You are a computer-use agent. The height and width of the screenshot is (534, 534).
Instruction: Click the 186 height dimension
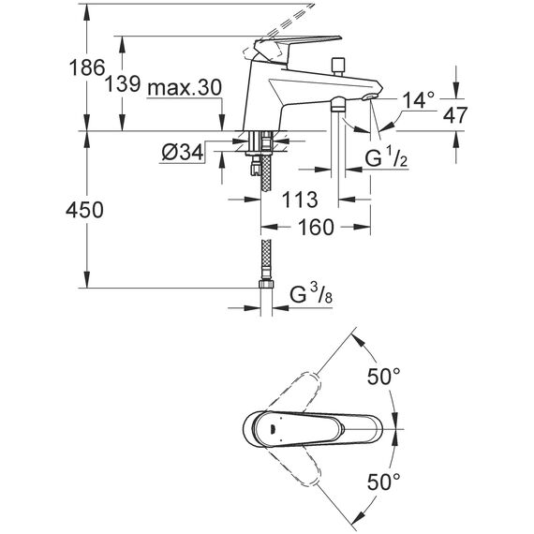pyautogui.click(x=86, y=67)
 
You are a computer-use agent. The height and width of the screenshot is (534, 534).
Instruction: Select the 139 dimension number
pyautogui.click(x=123, y=84)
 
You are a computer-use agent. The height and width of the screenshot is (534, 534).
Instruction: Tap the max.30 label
pyautogui.click(x=185, y=87)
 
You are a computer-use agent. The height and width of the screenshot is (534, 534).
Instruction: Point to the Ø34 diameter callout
pyautogui.click(x=183, y=152)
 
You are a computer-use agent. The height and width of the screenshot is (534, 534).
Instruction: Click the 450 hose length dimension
pyautogui.click(x=84, y=210)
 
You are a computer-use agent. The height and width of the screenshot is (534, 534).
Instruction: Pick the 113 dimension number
pyautogui.click(x=300, y=200)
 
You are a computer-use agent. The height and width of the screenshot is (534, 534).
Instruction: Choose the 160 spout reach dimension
pyautogui.click(x=316, y=227)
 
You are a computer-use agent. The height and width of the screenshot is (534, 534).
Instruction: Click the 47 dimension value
pyautogui.click(x=454, y=115)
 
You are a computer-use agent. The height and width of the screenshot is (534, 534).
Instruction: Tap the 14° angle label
pyautogui.click(x=418, y=100)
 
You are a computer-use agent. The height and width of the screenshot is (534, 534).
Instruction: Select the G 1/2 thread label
pyautogui.click(x=386, y=157)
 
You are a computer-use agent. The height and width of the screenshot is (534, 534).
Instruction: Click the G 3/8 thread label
pyautogui.click(x=311, y=294)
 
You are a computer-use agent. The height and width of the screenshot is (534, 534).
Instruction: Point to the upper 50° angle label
pyautogui.click(x=383, y=377)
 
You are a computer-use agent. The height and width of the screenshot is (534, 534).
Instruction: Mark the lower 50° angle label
pyautogui.click(x=383, y=482)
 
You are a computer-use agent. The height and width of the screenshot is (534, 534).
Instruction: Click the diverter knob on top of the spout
pyautogui.click(x=338, y=67)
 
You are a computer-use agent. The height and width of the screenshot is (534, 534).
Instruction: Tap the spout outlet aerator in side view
pyautogui.click(x=368, y=97)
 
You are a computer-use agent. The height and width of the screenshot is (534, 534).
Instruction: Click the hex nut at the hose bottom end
pyautogui.click(x=266, y=284)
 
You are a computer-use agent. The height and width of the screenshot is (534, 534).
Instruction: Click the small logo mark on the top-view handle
pyautogui.click(x=274, y=430)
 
